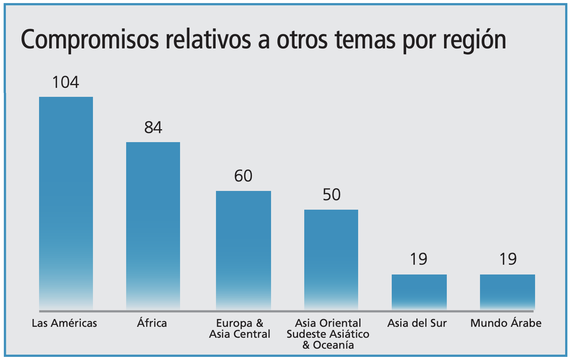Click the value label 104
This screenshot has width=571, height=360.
66,82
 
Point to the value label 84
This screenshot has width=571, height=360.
153,128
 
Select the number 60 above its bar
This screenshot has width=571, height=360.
243,176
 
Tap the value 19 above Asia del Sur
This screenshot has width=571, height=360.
419,259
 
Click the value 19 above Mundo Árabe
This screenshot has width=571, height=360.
508,259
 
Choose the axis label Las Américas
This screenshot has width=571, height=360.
64,323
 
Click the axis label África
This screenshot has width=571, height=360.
152,323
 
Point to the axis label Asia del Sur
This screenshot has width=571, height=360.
417,323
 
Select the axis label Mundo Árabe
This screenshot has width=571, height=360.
506,323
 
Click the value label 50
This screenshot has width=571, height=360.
332,195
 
